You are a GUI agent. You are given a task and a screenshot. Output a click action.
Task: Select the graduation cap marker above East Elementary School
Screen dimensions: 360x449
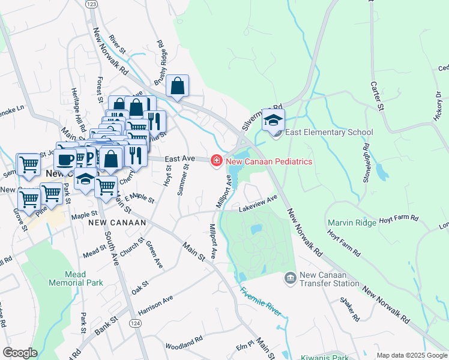tap(273, 120)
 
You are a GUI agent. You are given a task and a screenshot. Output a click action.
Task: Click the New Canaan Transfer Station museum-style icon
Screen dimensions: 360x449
tap(289, 278)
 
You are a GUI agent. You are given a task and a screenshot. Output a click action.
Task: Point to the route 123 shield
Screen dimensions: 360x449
tap(91, 4)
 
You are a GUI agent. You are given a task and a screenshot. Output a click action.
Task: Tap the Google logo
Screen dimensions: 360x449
tap(20, 352)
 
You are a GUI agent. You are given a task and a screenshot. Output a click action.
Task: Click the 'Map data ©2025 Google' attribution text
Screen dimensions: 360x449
tap(411, 355)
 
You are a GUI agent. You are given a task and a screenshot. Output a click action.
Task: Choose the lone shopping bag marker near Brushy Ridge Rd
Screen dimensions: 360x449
tap(178, 86)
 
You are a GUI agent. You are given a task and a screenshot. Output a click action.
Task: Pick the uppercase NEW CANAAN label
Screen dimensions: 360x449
tap(117, 222)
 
